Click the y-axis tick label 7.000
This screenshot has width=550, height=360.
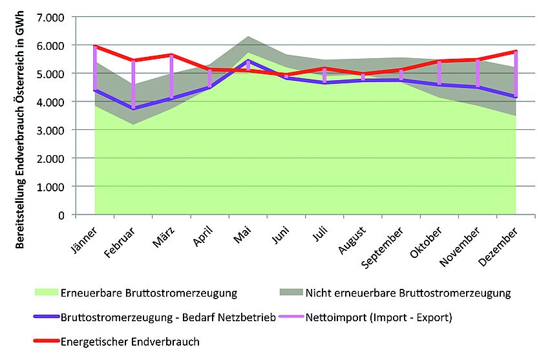coord(51,17)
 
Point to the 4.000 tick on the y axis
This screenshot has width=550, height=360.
coord(51,102)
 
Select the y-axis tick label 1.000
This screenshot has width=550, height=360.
coord(51,186)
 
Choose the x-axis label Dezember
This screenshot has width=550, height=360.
coord(498,244)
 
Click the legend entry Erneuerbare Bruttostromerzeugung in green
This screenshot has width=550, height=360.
coord(148,293)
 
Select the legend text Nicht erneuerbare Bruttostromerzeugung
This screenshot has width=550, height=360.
coord(408,293)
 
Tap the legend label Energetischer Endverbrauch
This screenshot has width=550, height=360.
coord(130,341)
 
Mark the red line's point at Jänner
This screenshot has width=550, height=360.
coord(95,47)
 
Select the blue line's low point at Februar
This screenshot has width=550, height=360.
coord(133,108)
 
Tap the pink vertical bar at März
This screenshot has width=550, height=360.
coord(171,76)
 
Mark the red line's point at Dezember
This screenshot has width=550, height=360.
coord(515,51)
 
